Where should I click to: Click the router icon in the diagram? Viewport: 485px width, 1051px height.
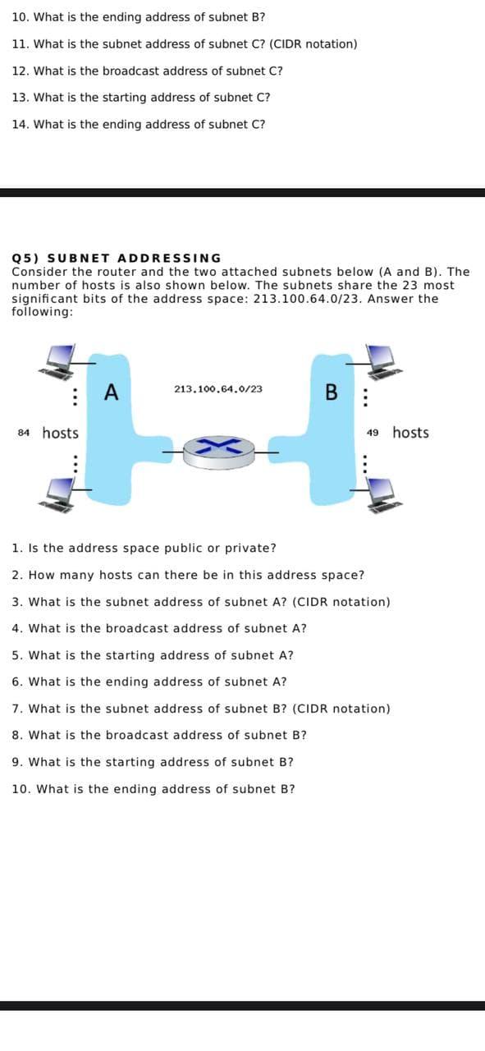tap(218, 450)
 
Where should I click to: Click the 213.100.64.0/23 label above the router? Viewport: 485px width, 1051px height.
tap(218, 389)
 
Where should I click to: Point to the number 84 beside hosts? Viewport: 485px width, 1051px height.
tap(24, 433)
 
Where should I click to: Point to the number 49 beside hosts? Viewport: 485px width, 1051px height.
tap(373, 433)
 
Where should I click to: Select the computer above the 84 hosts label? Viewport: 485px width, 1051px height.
tap(60, 359)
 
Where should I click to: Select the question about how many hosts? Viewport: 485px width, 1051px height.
tap(189, 575)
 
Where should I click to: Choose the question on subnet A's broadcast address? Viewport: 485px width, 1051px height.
tap(160, 628)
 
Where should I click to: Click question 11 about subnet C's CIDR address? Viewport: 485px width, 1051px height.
tap(185, 44)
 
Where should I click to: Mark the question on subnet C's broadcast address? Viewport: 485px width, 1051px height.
tap(148, 71)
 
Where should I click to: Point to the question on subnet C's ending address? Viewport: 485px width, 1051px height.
tap(139, 124)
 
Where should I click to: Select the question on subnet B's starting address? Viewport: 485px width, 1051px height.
tap(153, 762)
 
